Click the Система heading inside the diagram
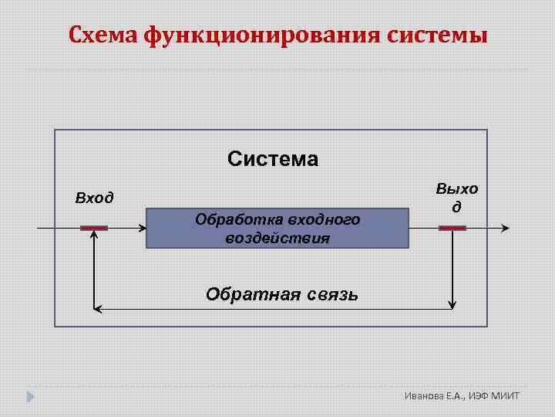click(272, 159)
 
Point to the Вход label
click(94, 198)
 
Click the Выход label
click(456, 198)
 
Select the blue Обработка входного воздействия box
click(277, 228)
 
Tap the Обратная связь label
click(281, 294)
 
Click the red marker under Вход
click(94, 228)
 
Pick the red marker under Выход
click(452, 228)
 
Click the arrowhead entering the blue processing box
click(142, 228)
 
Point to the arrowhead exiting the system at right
click(505, 228)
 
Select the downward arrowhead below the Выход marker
click(453, 304)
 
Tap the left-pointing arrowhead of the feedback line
click(98, 309)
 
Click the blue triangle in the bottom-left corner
click(30, 397)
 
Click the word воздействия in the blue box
click(277, 238)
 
